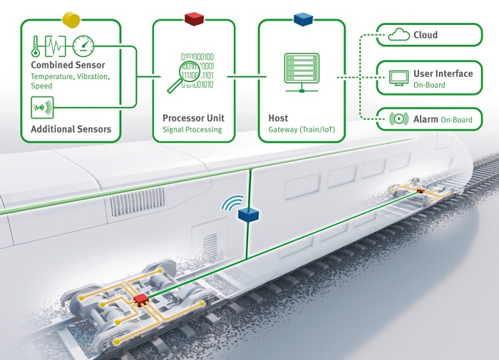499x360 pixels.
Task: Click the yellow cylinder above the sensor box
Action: [71, 20]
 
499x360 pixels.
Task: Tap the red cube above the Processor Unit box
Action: [194, 19]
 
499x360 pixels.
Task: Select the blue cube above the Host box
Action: [303, 19]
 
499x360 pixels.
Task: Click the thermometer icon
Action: [36, 46]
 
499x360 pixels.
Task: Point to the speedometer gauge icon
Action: [83, 46]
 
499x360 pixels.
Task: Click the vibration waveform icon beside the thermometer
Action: [56, 46]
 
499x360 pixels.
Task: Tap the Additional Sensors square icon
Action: [42, 108]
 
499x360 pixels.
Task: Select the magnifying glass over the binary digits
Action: [184, 76]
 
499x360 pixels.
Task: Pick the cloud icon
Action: [398, 34]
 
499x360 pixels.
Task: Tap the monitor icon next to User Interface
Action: [398, 78]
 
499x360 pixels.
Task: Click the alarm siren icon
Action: [398, 119]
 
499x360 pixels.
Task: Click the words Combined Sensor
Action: [68, 65]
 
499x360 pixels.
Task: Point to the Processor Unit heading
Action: [193, 118]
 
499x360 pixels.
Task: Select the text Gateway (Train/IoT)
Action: [302, 130]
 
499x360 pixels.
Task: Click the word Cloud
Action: [426, 35]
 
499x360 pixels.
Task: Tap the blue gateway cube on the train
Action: [248, 215]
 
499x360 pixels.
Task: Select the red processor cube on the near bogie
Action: [140, 299]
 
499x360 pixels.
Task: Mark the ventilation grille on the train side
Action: [138, 202]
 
